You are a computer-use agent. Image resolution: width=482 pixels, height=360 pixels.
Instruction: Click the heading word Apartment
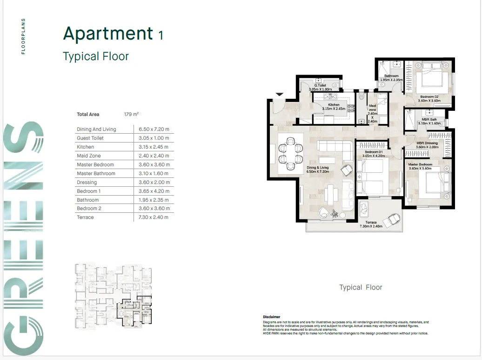point(108,34)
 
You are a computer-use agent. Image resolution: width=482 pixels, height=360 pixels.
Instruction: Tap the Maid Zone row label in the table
point(89,156)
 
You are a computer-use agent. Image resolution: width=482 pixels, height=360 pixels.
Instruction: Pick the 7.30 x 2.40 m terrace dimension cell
point(154,217)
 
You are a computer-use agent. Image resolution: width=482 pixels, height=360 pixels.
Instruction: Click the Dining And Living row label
point(96,129)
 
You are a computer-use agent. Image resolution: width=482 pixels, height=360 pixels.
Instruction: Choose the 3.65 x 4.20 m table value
point(154,191)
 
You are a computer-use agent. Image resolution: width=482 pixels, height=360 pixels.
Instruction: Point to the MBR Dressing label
point(427,143)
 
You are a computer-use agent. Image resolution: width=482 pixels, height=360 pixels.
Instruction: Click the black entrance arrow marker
point(279,95)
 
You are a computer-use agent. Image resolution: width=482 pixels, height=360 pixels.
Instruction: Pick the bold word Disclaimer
point(272,317)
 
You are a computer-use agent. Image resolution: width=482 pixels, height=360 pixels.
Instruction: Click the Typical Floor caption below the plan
point(361,287)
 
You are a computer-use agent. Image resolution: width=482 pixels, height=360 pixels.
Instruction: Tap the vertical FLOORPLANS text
point(24,36)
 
